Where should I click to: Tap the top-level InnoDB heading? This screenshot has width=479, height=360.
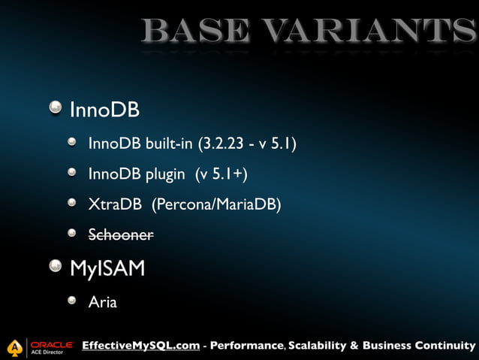tap(104, 110)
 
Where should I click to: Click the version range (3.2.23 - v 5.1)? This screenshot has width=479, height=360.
tap(247, 144)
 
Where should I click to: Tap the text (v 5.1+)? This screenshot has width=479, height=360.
tap(221, 174)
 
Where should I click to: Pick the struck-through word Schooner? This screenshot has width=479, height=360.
tap(121, 234)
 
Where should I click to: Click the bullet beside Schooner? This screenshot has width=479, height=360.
tap(71, 234)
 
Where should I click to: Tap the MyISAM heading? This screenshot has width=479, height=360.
tap(107, 268)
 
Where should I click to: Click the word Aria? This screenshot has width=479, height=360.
tap(103, 303)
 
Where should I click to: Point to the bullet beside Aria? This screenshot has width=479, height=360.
tap(71, 301)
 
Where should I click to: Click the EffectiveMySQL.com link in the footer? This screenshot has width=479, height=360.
tap(140, 346)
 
